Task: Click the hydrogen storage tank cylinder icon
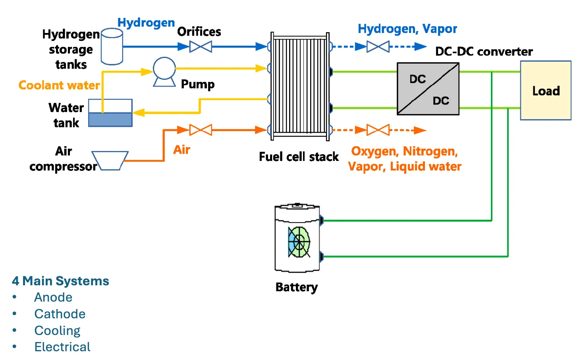(112, 46)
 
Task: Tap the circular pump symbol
(164, 69)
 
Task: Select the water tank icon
(110, 113)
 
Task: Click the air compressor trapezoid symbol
(110, 161)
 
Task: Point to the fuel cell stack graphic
(300, 87)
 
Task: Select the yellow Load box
(546, 91)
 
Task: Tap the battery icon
(297, 238)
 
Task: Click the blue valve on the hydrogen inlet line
(201, 47)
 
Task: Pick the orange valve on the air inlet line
(201, 130)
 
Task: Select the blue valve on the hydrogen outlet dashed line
(378, 47)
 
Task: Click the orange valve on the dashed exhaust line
(378, 130)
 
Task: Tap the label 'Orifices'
(199, 32)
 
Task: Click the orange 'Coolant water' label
(59, 85)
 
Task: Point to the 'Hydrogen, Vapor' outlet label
(407, 29)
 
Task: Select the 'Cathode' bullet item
(60, 314)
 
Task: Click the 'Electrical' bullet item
(62, 347)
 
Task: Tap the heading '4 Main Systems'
(60, 281)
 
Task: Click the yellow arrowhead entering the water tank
(139, 113)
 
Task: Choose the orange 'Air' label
(181, 150)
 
